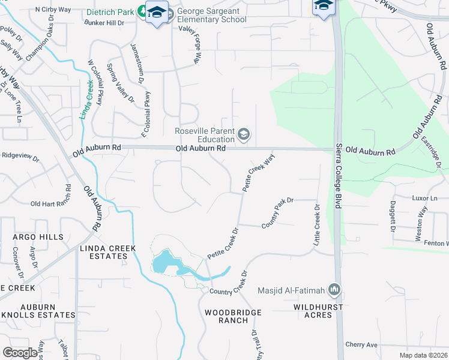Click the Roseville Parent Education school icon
[244, 134]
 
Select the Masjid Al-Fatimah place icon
[334, 291]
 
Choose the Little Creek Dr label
[316, 224]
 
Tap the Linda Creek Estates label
[103, 252]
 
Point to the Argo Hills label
[38, 237]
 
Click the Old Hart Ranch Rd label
[51, 204]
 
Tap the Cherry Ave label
[361, 345]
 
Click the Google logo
[20, 353]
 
